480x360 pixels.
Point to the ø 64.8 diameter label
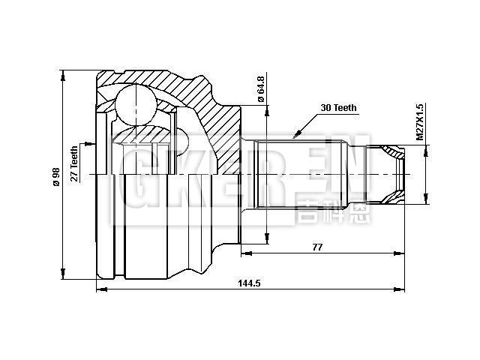click(259, 88)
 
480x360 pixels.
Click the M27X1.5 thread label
click(421, 123)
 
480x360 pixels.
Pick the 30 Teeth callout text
click(338, 108)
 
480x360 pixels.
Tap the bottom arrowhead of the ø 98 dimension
click(64, 274)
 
